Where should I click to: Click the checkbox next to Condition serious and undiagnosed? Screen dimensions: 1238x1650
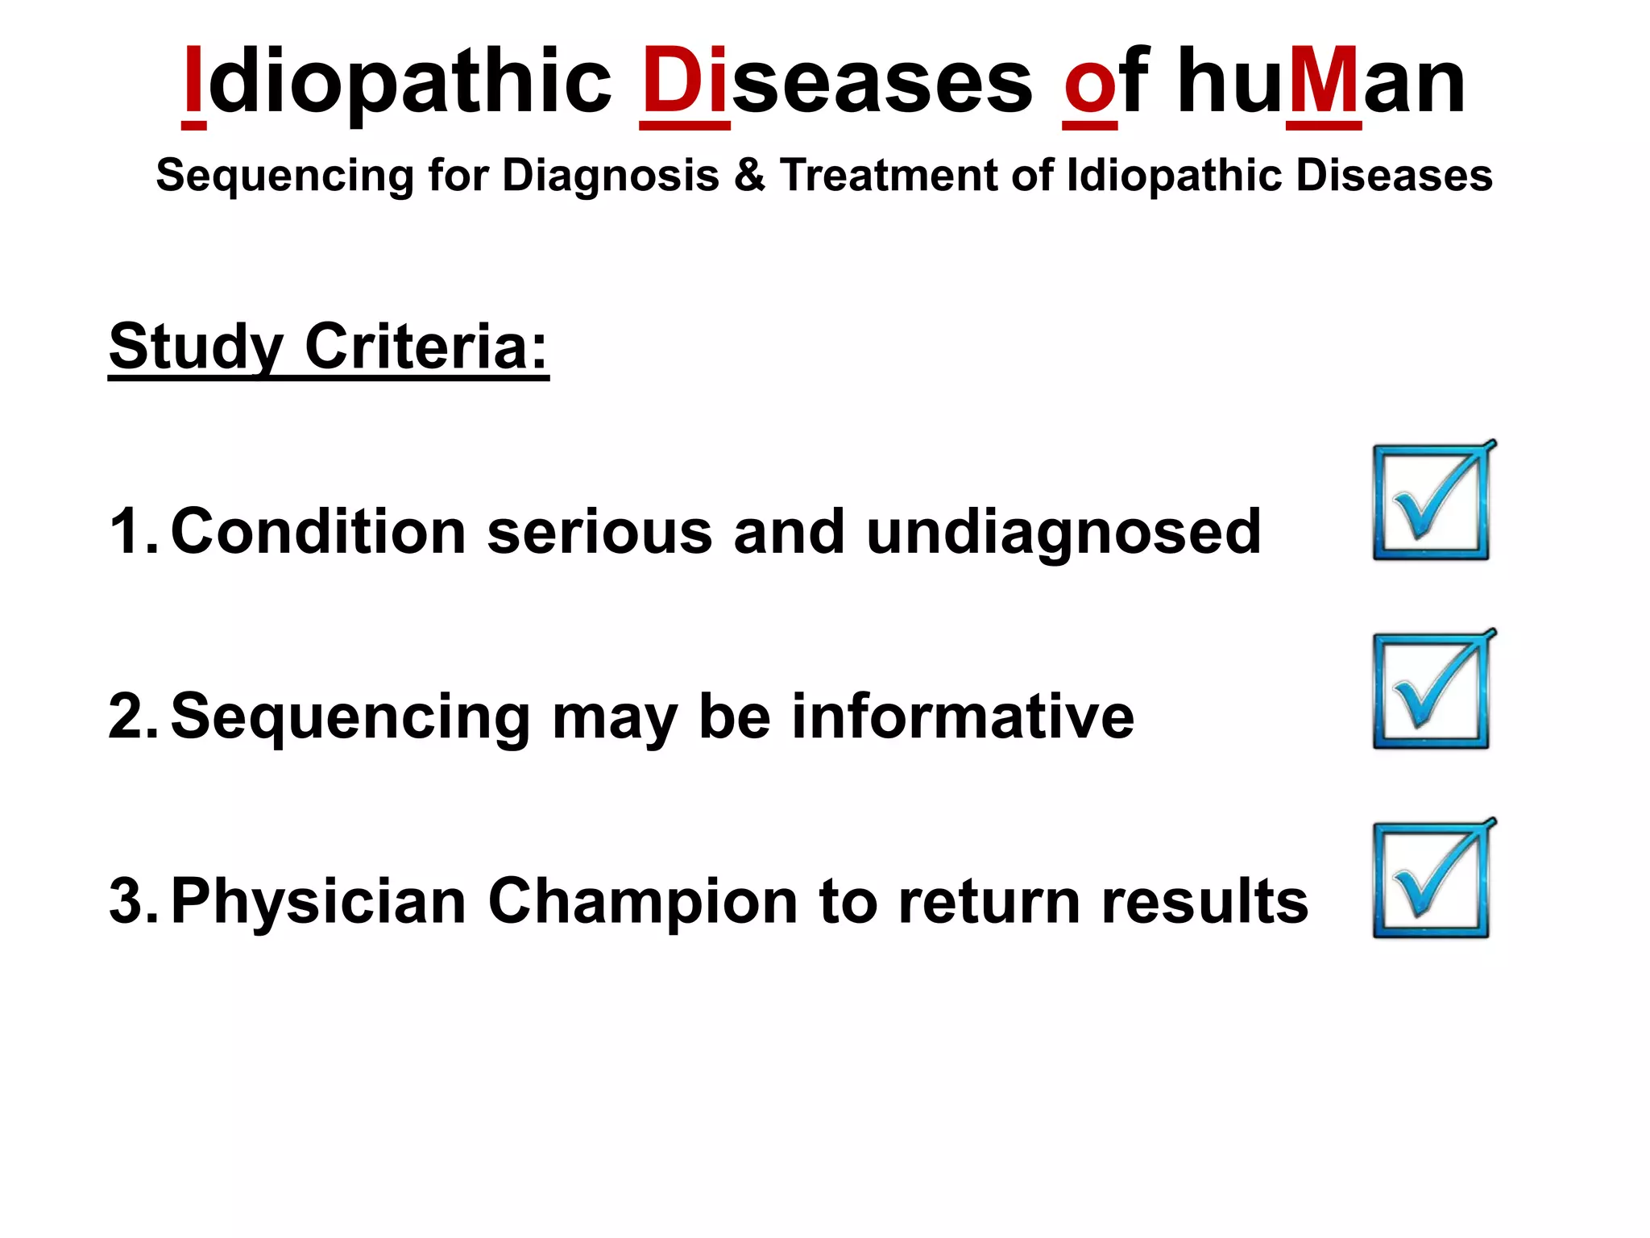(x=1431, y=503)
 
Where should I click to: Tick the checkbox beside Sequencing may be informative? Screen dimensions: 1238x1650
(x=1431, y=692)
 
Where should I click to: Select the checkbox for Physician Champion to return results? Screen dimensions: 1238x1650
(x=1431, y=880)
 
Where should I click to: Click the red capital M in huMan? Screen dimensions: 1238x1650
(x=1324, y=81)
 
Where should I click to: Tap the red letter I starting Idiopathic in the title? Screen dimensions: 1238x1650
(x=193, y=81)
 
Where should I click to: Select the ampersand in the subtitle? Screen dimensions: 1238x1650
(x=749, y=175)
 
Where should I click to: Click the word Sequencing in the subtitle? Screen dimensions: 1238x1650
(x=284, y=175)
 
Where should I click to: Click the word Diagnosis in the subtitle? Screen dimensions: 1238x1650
(x=610, y=175)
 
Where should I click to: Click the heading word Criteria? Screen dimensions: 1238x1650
(x=426, y=347)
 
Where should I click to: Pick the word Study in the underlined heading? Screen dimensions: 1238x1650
(x=196, y=347)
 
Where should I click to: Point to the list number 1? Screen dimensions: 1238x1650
(x=129, y=532)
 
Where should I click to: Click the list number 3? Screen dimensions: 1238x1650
(x=129, y=901)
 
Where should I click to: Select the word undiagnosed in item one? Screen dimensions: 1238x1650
(x=1063, y=532)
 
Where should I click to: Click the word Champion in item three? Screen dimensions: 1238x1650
(x=642, y=901)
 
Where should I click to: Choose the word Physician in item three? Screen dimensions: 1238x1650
(x=318, y=901)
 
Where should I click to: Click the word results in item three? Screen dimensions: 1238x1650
(x=1204, y=901)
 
